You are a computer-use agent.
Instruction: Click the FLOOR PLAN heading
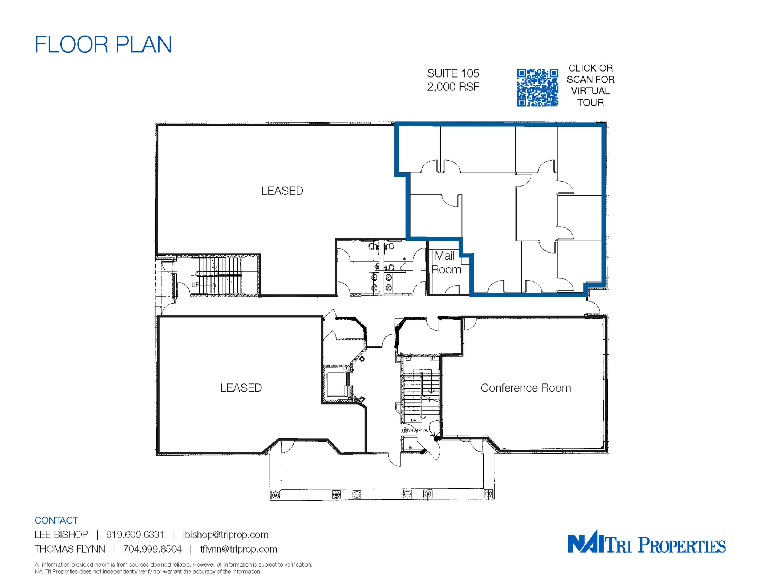(x=103, y=44)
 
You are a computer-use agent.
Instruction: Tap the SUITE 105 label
(x=453, y=73)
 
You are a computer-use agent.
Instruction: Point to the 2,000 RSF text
(x=453, y=87)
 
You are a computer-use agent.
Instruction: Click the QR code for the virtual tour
(x=537, y=88)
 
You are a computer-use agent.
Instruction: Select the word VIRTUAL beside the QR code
(x=590, y=91)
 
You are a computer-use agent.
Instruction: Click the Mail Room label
(x=446, y=263)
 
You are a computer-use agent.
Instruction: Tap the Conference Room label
(x=525, y=388)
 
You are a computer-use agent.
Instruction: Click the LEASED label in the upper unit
(x=282, y=191)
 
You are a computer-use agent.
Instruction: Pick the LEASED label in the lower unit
(x=241, y=388)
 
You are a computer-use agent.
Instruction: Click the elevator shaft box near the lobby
(x=336, y=384)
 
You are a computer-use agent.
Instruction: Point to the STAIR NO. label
(x=418, y=430)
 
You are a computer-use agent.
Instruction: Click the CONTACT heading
(x=56, y=520)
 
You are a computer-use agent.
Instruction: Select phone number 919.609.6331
(x=135, y=534)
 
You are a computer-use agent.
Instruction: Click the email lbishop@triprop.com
(x=226, y=534)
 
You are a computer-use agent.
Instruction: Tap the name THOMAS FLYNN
(x=70, y=549)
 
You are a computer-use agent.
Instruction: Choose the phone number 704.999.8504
(x=152, y=549)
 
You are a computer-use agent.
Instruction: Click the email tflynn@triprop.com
(x=239, y=549)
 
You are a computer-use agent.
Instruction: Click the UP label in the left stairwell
(x=195, y=284)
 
